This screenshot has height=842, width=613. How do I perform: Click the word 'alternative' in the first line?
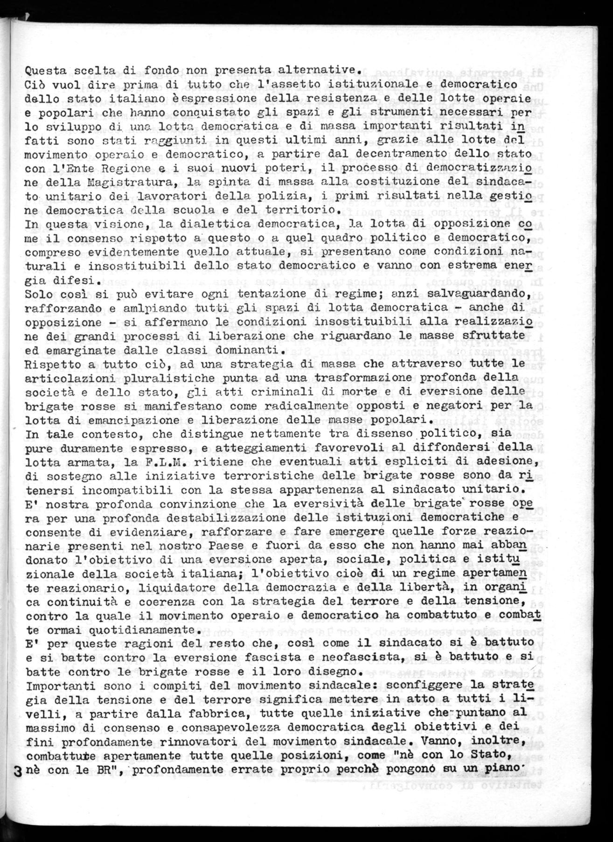322,70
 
